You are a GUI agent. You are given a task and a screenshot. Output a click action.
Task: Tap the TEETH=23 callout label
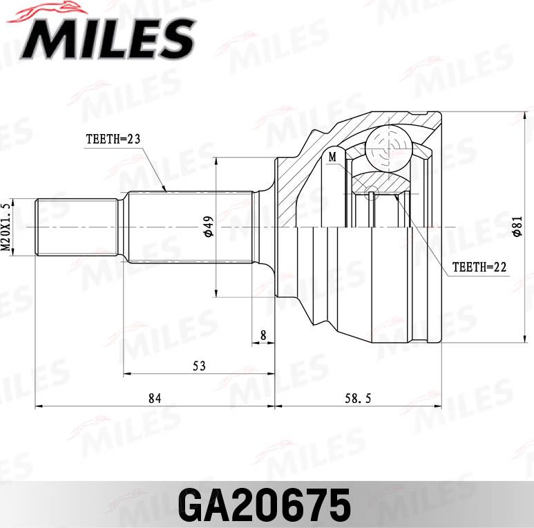coord(113,139)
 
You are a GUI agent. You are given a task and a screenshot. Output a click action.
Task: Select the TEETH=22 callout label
coord(479,267)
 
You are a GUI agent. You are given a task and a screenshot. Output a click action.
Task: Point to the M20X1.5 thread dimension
coord(6,227)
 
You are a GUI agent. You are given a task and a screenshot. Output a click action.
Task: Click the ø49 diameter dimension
coord(208,227)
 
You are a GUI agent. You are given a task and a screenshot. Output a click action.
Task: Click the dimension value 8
coord(263,334)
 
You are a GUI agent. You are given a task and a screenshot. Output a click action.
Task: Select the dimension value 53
coord(199,366)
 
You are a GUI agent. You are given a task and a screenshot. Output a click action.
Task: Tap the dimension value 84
coord(155,398)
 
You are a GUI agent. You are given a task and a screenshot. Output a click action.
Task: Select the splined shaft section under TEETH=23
coord(190,227)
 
